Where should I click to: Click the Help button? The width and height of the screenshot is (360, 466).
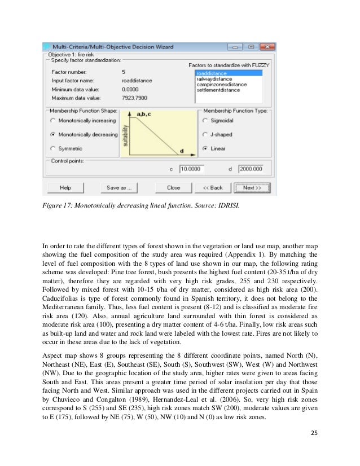point(66,187)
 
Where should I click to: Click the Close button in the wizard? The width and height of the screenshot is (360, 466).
point(173,187)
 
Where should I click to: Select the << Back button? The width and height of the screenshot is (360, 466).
point(212,187)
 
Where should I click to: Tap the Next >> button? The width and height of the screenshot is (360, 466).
point(252,187)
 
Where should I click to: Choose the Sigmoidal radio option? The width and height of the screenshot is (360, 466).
point(205,121)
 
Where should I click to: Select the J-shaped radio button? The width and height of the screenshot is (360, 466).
point(205,135)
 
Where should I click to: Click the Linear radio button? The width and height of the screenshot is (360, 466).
point(205,148)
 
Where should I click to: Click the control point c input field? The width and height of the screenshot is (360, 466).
point(192,169)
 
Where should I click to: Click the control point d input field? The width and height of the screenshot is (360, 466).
point(250,169)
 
